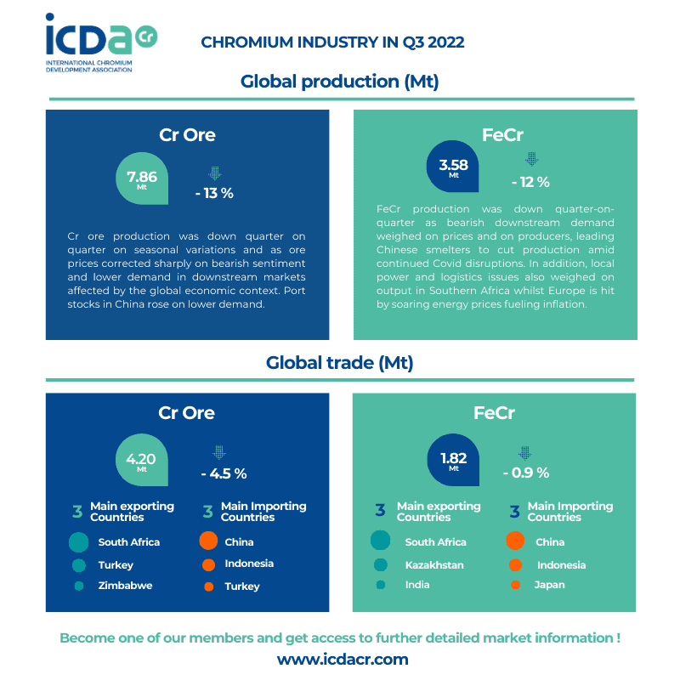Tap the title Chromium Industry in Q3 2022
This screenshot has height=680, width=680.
click(x=332, y=42)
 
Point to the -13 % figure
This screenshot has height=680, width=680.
click(x=214, y=193)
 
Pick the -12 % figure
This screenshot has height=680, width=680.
click(x=530, y=182)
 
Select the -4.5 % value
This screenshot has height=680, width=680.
click(x=224, y=473)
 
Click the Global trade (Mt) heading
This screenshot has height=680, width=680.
click(x=339, y=363)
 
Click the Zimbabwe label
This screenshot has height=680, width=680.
click(x=125, y=586)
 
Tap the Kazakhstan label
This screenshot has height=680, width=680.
click(x=434, y=565)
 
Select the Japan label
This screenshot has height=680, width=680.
click(x=549, y=585)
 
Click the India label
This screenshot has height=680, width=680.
click(x=417, y=585)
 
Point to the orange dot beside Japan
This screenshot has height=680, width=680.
click(x=514, y=585)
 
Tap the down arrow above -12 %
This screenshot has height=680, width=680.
click(x=532, y=159)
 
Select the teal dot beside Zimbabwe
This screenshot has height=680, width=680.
click(x=79, y=586)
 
